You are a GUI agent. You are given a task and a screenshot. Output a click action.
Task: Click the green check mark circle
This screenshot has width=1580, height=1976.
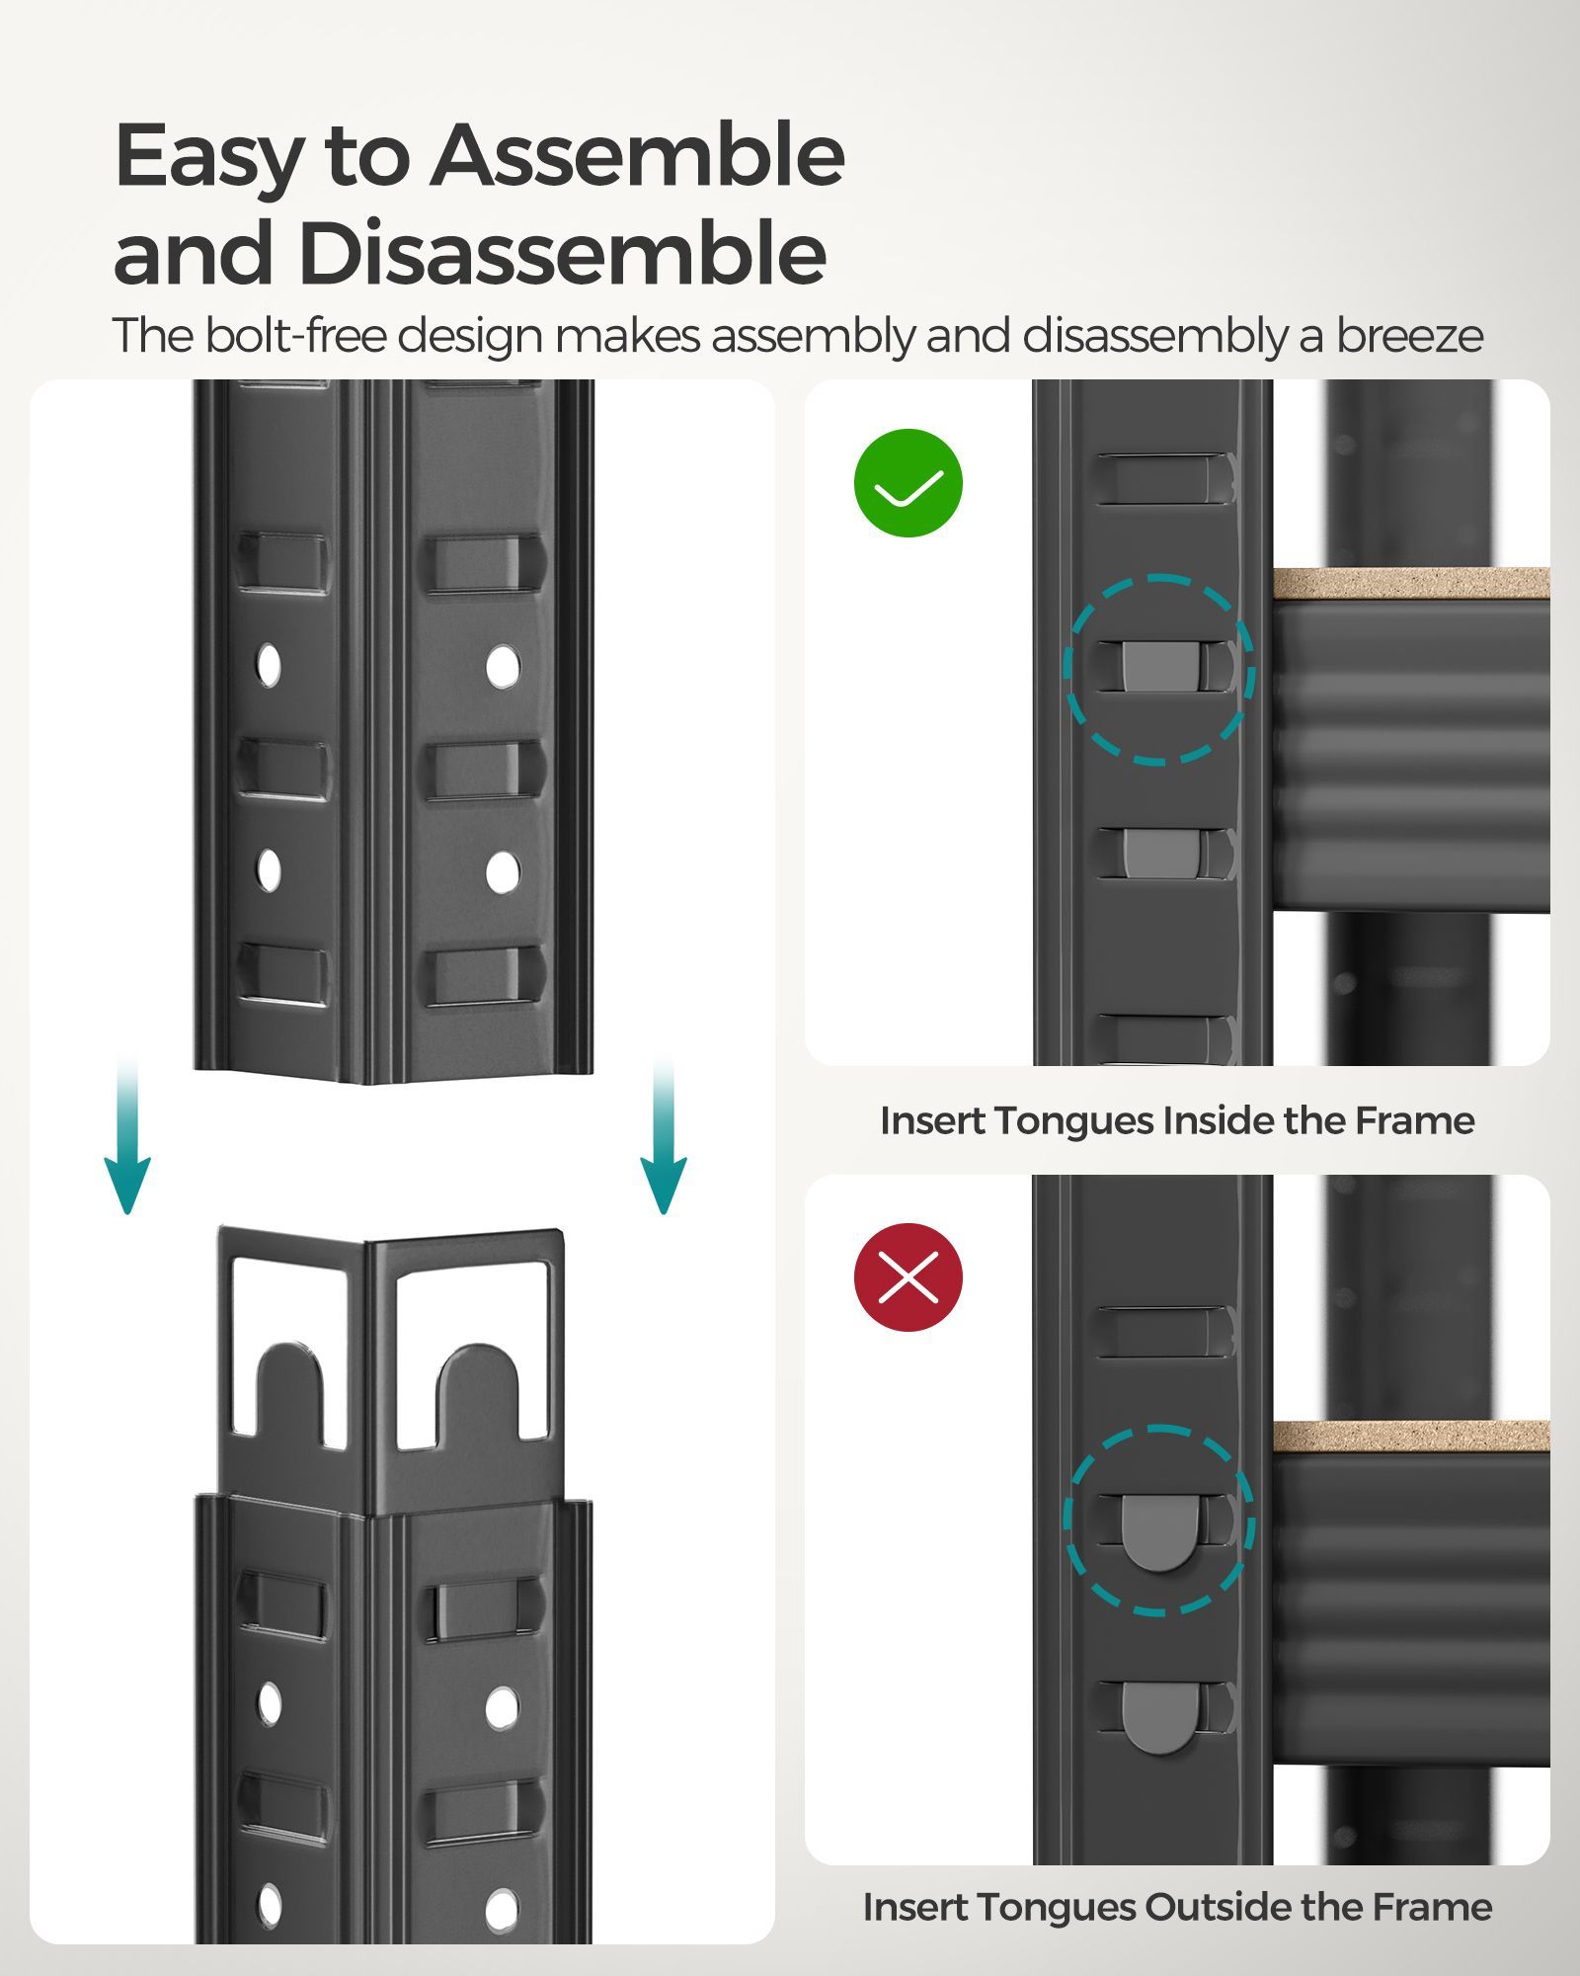[x=908, y=483]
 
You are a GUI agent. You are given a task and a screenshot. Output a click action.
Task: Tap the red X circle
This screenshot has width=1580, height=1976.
[x=908, y=1277]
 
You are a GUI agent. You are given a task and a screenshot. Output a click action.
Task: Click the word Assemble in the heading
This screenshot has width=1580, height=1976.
[x=637, y=156]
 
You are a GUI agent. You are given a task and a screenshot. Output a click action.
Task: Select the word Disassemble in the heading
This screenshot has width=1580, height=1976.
[x=562, y=253]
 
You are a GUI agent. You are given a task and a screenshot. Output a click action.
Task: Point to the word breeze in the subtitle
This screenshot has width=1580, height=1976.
[x=1409, y=336]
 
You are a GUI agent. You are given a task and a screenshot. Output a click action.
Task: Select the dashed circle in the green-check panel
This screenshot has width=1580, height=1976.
[x=1159, y=669]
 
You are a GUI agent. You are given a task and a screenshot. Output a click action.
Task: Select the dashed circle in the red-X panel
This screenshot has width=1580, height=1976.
[x=1159, y=1521]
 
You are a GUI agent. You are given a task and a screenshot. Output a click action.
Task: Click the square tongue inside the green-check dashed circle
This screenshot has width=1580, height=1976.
[x=1158, y=667]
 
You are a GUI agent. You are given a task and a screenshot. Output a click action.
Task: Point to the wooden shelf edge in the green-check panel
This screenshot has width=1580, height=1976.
[x=1410, y=583]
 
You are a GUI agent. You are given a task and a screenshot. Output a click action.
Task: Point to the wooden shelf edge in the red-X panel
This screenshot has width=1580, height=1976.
[x=1410, y=1436]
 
